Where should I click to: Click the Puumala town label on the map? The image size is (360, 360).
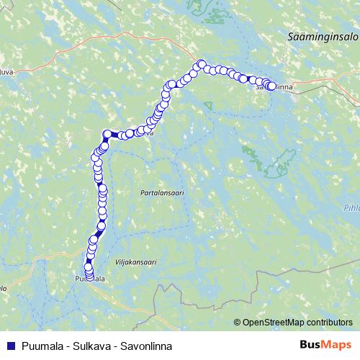90,279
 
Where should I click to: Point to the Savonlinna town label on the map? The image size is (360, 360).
274,87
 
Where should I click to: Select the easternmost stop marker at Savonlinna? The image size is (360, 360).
271,86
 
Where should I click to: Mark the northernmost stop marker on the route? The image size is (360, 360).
202,64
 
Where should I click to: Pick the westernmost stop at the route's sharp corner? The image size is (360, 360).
107,133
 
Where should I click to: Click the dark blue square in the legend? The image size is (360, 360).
9,346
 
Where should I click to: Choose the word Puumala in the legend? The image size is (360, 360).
40,346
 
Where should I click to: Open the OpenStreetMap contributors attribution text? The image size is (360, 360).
297,323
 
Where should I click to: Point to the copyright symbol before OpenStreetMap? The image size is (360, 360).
238,323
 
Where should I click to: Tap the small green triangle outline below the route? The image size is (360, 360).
207,106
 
